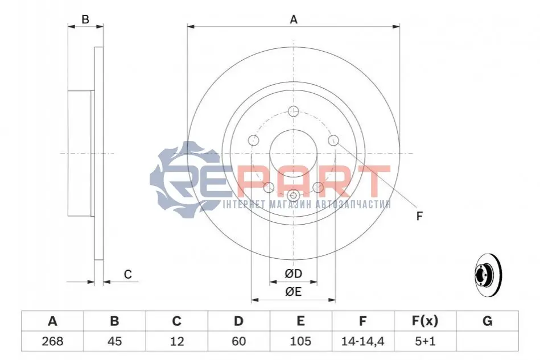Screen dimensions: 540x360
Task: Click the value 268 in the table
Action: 52,341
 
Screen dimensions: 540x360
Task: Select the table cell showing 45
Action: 114,341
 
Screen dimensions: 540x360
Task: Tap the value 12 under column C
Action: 176,341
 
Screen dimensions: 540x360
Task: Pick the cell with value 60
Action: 238,341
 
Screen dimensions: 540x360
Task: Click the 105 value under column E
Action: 300,341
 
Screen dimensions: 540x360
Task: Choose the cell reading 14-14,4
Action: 362,341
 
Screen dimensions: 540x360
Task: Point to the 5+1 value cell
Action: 425,341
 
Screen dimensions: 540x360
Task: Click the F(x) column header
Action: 425,321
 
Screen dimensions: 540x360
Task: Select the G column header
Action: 487,321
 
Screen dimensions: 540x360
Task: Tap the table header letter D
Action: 238,321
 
